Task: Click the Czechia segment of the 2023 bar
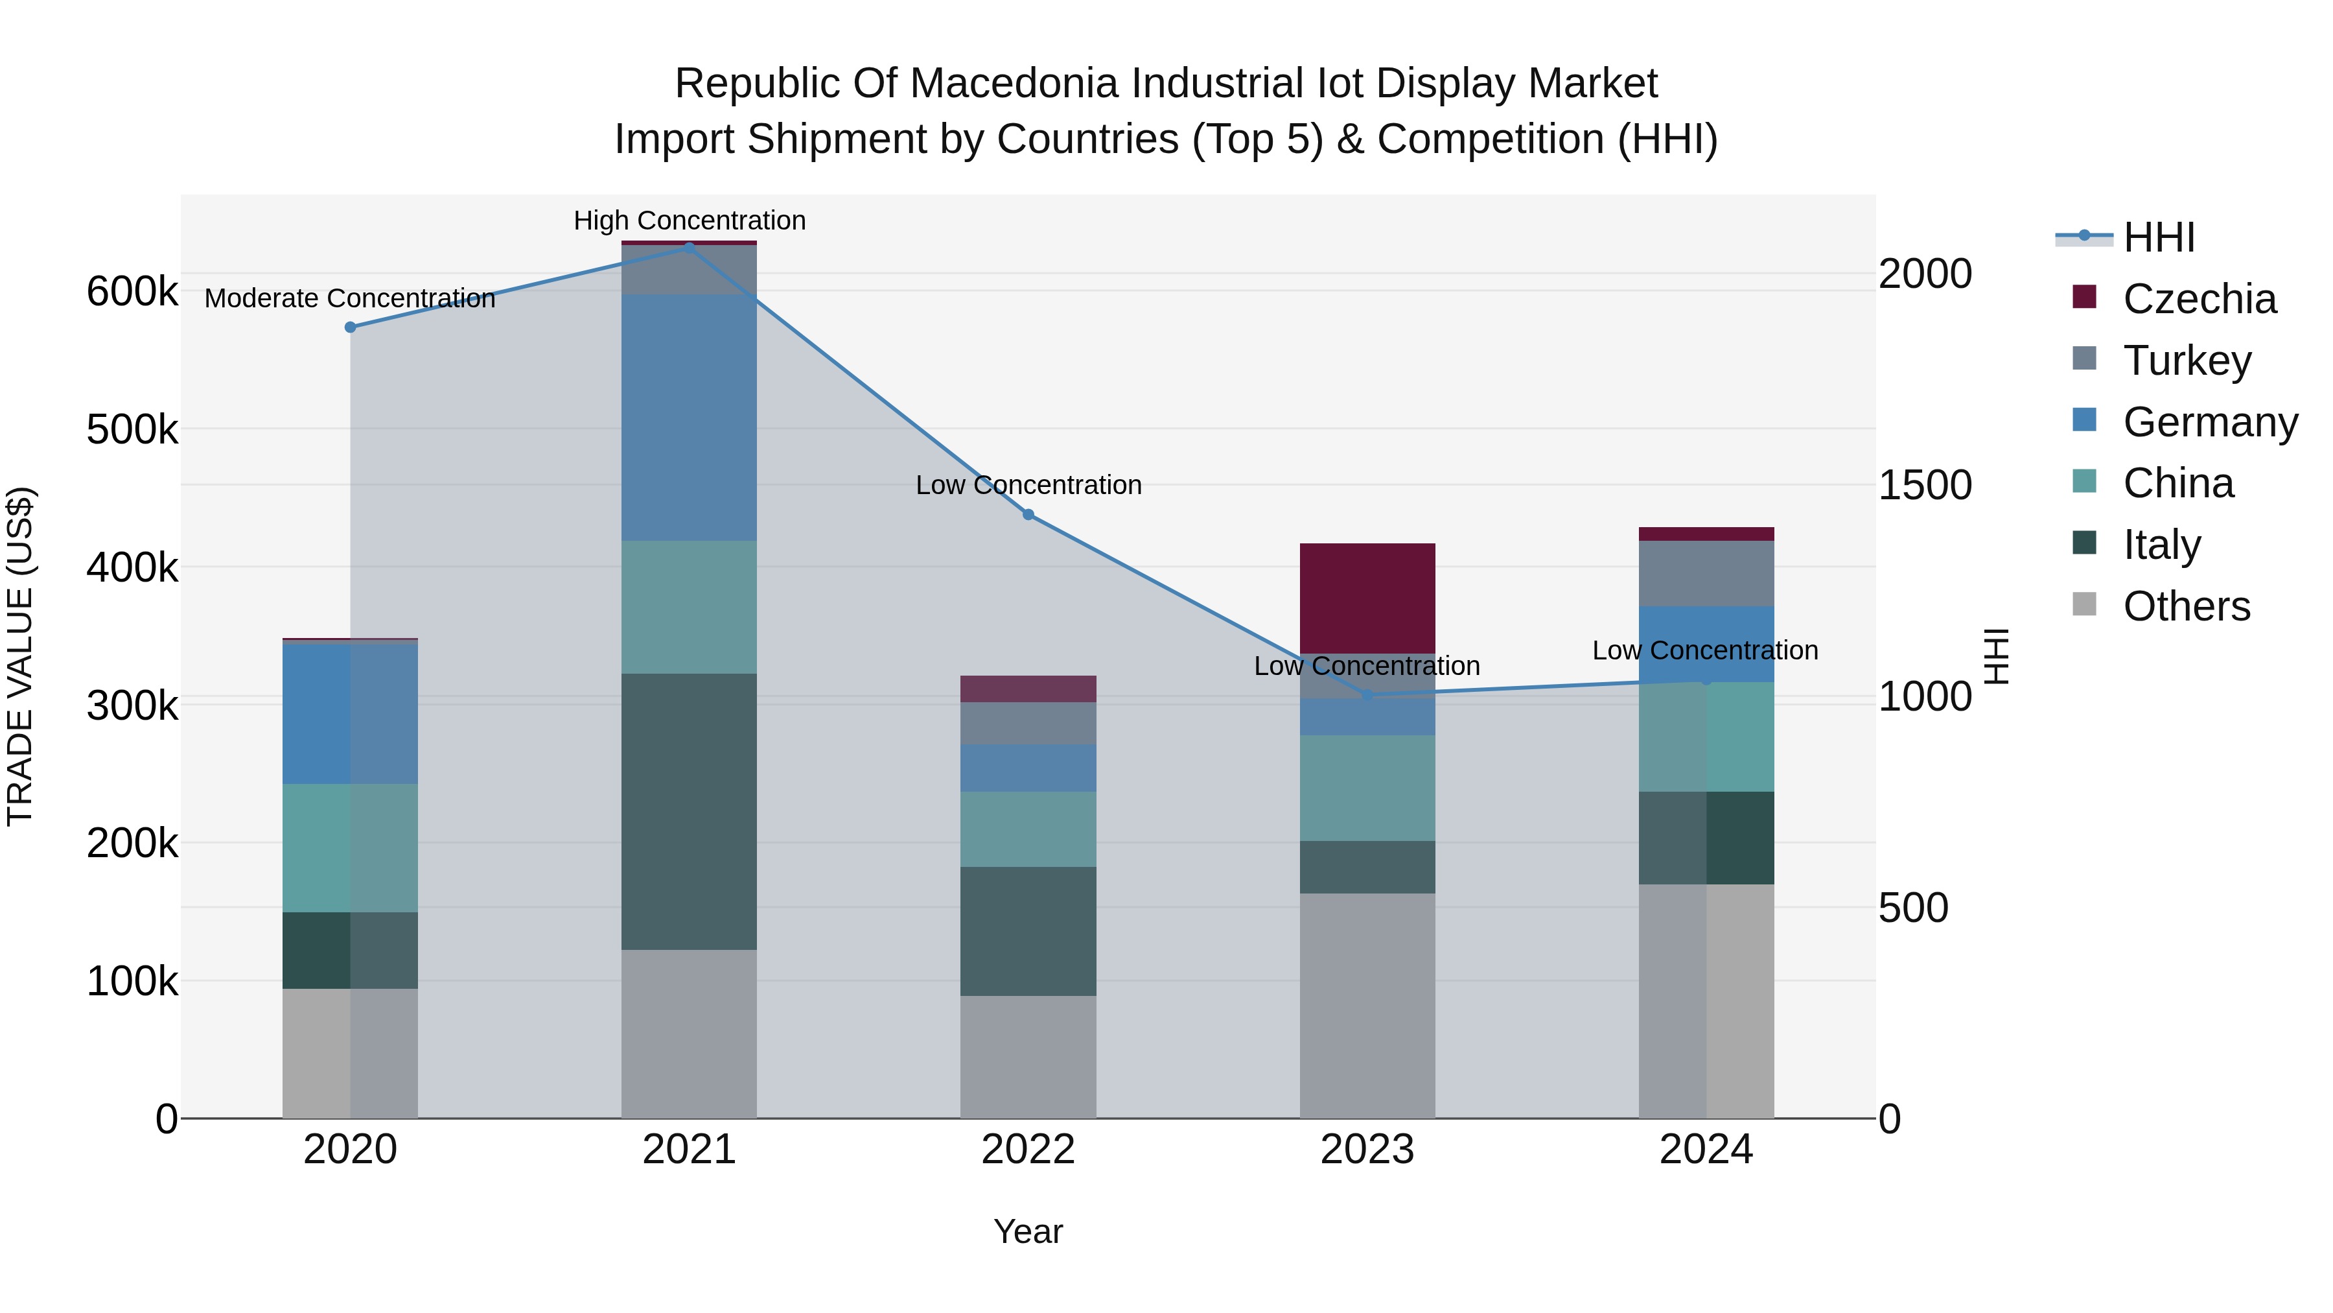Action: point(1367,598)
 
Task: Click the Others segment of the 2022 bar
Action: point(1028,1057)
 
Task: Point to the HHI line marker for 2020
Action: point(351,327)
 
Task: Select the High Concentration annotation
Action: point(690,220)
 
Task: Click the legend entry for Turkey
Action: point(2187,361)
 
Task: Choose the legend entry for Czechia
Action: point(2199,299)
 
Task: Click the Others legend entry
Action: point(2187,606)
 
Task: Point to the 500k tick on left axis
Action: point(132,429)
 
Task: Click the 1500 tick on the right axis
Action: point(1925,485)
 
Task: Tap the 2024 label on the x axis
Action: point(1706,1150)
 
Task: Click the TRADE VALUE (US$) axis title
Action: point(20,656)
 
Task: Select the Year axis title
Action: point(1028,1231)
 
